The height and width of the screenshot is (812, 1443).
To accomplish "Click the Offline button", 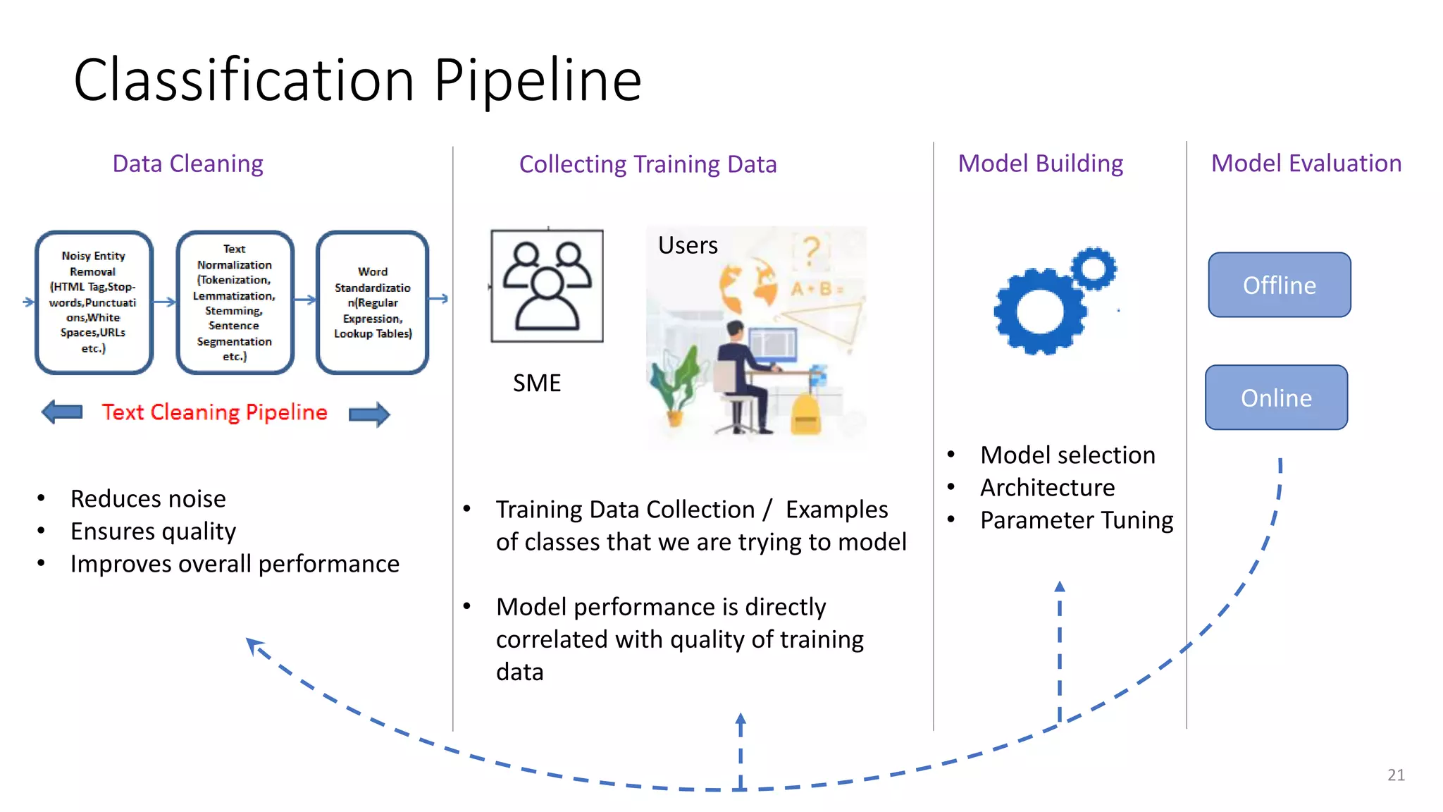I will (x=1279, y=285).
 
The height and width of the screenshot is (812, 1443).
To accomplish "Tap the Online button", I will (x=1276, y=398).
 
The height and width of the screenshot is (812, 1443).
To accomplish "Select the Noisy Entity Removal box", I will (x=94, y=302).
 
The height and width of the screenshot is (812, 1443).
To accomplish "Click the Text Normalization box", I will (x=234, y=302).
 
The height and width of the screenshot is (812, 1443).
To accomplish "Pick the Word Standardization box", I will (x=372, y=302).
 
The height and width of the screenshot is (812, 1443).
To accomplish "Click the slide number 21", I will (x=1396, y=775).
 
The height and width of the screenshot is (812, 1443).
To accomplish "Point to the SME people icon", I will (x=547, y=285).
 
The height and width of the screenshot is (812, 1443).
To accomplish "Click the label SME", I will (x=537, y=383).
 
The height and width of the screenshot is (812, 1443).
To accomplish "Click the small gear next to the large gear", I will (x=1094, y=268).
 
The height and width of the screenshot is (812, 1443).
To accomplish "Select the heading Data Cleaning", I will (x=187, y=164).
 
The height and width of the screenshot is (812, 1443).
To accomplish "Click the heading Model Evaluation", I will (x=1306, y=164).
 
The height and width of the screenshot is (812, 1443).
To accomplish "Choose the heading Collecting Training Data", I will (x=648, y=164).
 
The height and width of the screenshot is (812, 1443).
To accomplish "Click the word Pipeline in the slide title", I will (x=537, y=80).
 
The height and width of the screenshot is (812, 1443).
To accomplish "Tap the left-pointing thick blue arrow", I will (x=62, y=412).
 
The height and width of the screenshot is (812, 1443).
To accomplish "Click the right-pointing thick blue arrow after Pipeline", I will (x=370, y=414).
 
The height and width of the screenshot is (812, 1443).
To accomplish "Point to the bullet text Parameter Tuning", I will (x=1076, y=520).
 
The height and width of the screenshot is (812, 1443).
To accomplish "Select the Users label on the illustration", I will (x=688, y=245).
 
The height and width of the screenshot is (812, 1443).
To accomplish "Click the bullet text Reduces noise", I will (x=148, y=499).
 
